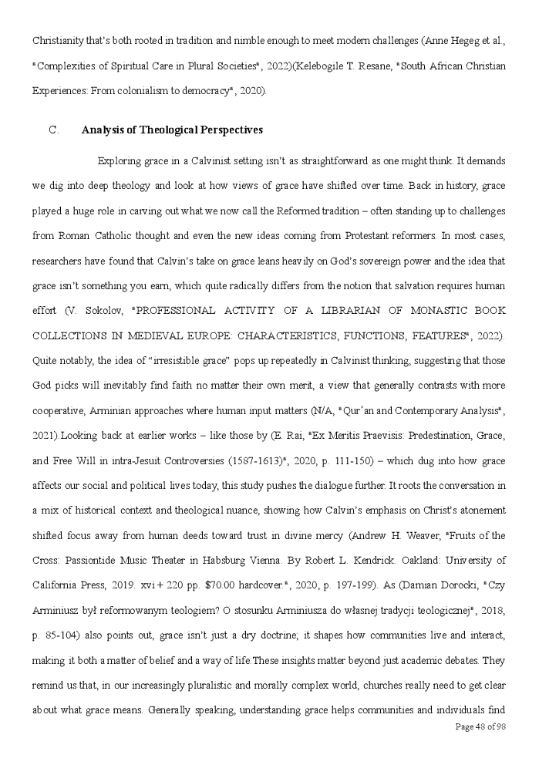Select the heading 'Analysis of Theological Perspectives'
coord(172,130)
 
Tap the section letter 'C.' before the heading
coord(54,130)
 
